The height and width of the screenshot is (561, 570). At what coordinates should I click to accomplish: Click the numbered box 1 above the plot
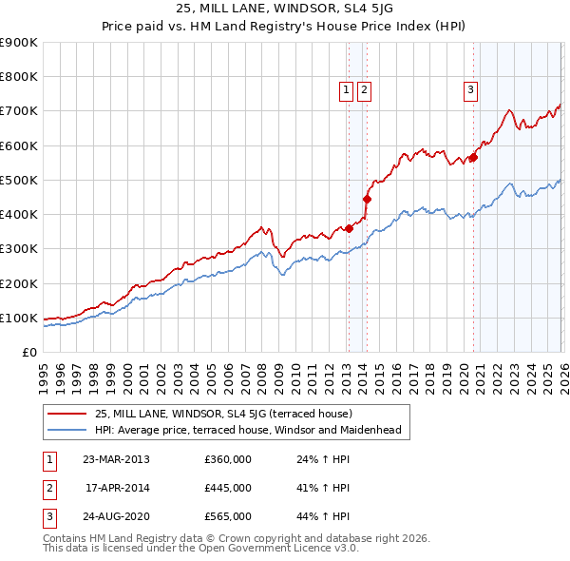pyautogui.click(x=347, y=90)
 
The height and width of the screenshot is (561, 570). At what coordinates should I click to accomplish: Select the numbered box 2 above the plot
pyautogui.click(x=364, y=90)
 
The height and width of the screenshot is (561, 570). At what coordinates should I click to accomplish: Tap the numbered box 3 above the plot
pyautogui.click(x=470, y=90)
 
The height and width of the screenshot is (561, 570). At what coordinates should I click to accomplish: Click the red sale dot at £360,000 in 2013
pyautogui.click(x=349, y=228)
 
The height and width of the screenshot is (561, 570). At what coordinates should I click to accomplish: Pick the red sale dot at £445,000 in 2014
pyautogui.click(x=367, y=199)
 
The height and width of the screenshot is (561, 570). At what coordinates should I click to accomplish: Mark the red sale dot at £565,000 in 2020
pyautogui.click(x=473, y=158)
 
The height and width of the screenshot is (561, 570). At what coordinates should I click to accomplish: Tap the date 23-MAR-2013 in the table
pyautogui.click(x=116, y=459)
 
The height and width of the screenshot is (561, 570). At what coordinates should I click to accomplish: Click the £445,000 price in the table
pyautogui.click(x=228, y=488)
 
